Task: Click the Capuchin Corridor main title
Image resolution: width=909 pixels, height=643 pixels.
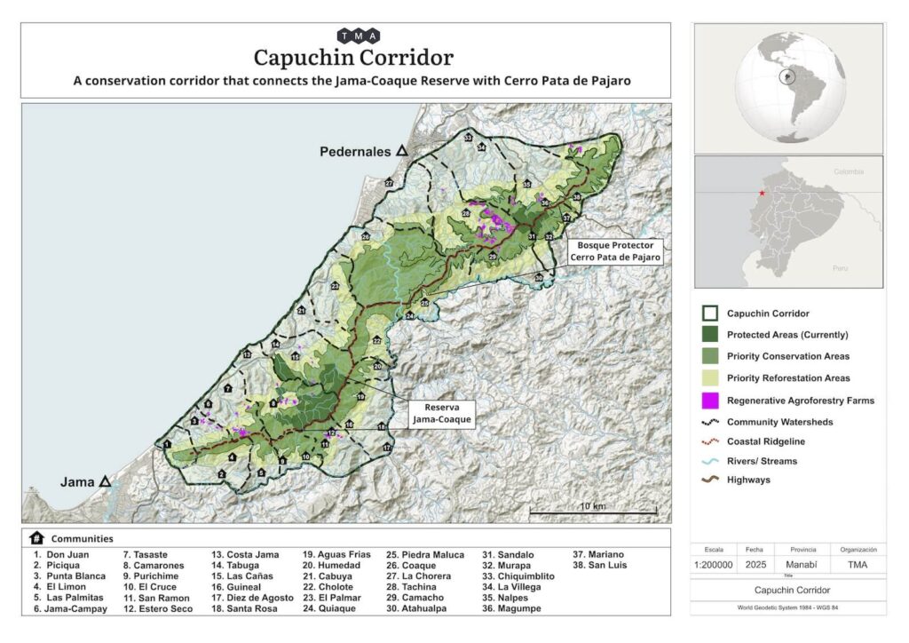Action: (353, 58)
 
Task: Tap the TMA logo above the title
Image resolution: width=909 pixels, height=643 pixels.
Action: (359, 36)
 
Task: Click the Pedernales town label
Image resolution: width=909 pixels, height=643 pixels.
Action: (355, 152)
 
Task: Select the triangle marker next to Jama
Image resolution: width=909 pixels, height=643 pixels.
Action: (106, 481)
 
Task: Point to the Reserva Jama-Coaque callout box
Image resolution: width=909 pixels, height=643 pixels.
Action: (441, 414)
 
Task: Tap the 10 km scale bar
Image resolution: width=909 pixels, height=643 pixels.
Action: (592, 512)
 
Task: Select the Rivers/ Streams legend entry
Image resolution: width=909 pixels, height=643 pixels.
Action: (761, 461)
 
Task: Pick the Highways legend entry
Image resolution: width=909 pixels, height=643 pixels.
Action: (748, 480)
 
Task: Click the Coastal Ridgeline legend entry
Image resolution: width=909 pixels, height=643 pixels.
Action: (767, 441)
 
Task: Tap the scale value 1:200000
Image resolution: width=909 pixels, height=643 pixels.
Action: (714, 564)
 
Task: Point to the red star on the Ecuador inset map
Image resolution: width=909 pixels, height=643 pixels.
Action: (761, 193)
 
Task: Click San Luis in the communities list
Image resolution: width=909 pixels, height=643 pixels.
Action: (601, 566)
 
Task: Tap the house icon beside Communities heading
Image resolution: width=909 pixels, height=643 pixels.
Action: (36, 538)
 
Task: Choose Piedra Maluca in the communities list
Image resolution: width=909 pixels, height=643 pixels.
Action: (433, 555)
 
